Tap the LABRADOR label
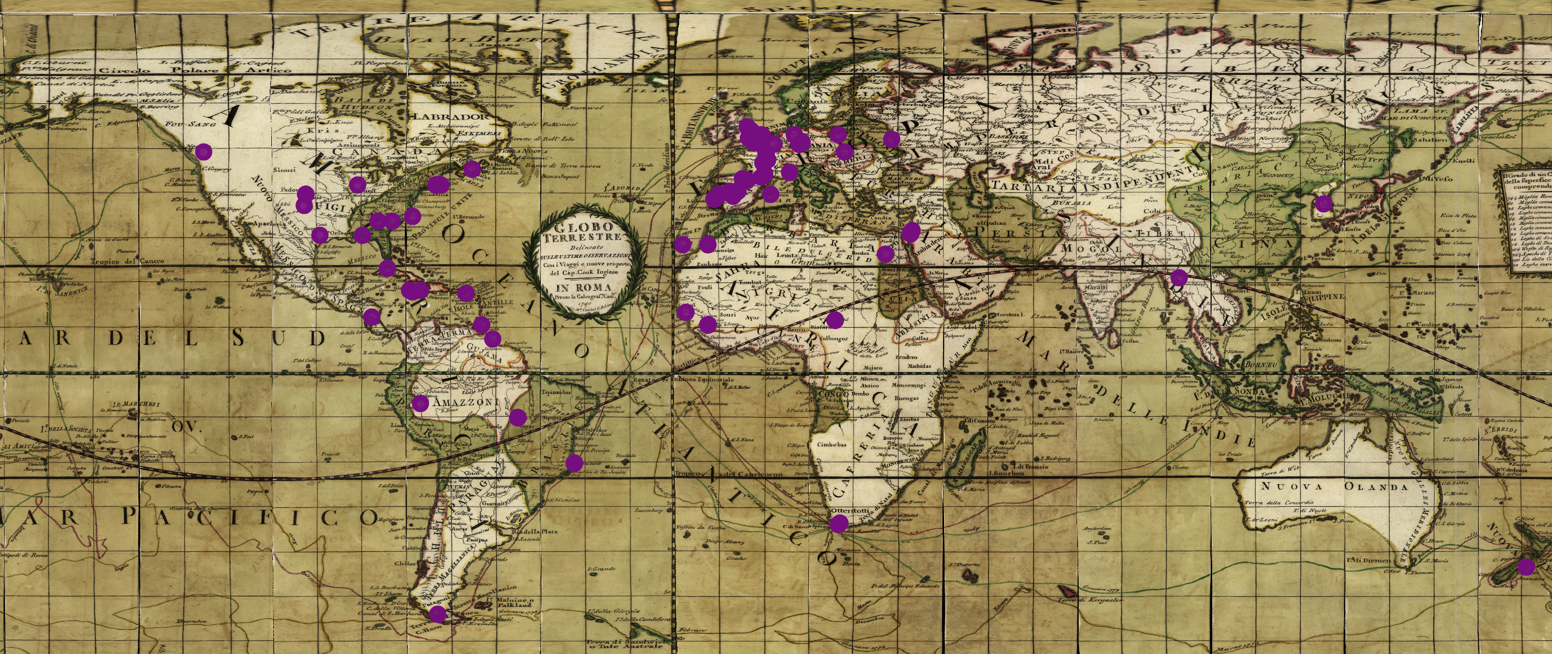(x=448, y=116)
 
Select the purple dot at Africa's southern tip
(x=838, y=524)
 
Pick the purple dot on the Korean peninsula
(x=1324, y=204)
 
